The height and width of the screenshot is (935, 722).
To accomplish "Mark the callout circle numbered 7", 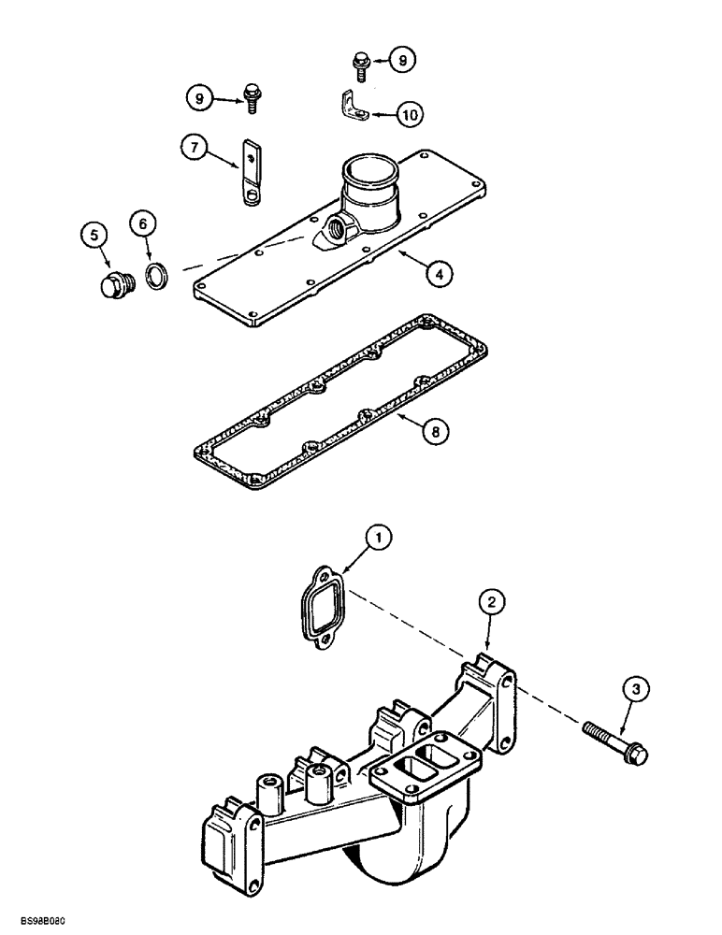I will [194, 148].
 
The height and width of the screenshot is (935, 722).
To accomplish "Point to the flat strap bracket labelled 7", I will [250, 168].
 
